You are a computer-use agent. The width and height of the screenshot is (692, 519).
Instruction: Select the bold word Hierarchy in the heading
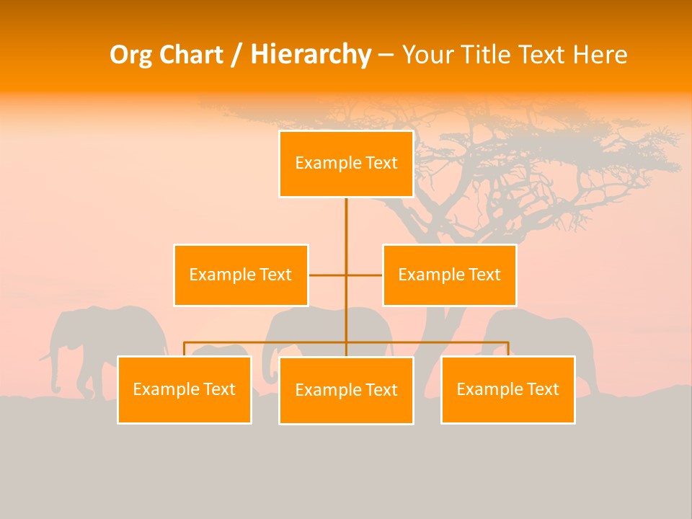click(310, 55)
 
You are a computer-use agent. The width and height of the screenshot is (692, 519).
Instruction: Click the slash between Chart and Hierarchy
click(236, 56)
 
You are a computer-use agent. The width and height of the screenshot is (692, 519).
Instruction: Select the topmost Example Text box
click(346, 164)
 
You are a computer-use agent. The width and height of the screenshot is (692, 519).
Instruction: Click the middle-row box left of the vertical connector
click(241, 275)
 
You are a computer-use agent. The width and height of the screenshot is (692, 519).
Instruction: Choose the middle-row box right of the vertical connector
click(449, 275)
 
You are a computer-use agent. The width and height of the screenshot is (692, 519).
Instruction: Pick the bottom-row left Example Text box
click(185, 389)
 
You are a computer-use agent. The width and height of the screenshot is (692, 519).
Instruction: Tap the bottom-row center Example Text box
click(346, 390)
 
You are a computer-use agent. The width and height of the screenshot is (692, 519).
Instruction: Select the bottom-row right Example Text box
click(507, 389)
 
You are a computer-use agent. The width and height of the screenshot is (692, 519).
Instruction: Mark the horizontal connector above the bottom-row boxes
click(432, 342)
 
